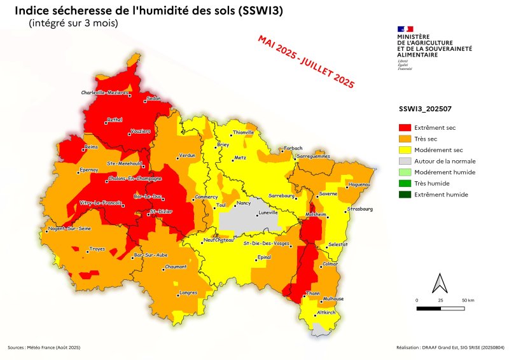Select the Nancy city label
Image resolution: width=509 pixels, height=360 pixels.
tap(244, 204)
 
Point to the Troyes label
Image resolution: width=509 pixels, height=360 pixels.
tap(97, 249)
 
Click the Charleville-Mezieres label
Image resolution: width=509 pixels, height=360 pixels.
tap(105, 93)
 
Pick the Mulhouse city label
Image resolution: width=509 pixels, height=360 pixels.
tap(333, 298)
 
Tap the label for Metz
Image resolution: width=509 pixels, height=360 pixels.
tap(240, 157)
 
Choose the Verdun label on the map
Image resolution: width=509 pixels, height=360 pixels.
tap(186, 155)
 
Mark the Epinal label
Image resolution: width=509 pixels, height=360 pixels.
tap(263, 258)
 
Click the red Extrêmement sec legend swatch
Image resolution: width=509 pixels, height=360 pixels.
tap(405, 128)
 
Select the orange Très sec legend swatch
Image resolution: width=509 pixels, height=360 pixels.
tap(405, 139)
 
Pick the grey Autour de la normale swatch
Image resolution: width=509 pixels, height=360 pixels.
tap(405, 161)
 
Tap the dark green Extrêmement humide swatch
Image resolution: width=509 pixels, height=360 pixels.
tap(405, 194)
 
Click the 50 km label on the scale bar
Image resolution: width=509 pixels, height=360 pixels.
tap(469, 299)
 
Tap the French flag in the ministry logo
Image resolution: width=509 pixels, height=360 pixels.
tap(405, 29)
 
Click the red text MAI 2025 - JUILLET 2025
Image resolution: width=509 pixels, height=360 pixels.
tap(305, 61)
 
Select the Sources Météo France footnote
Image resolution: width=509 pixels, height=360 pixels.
tap(45, 347)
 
